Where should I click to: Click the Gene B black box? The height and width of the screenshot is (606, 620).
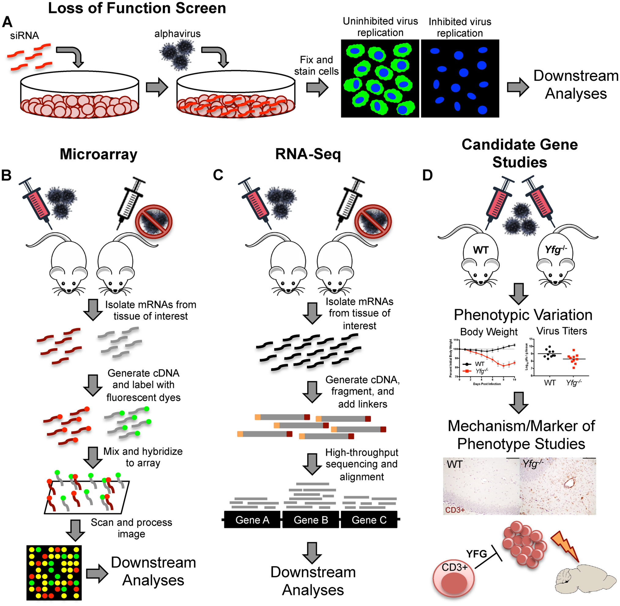coord(310,520)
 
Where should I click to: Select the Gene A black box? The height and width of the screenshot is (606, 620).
coord(252,520)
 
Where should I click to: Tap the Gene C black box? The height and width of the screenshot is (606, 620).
coord(369,520)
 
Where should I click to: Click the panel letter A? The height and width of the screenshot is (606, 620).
coord(7,22)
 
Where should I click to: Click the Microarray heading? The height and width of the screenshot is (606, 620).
coord(98,154)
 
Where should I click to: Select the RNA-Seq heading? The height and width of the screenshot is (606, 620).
coord(308,154)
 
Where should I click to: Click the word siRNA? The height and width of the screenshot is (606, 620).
coord(24,36)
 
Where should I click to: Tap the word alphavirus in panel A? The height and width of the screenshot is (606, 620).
coord(177,34)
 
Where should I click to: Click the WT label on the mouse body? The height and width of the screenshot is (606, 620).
coord(480,250)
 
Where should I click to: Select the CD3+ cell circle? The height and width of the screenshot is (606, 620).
coord(454,576)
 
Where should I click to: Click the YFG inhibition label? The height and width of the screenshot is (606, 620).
coord(476,554)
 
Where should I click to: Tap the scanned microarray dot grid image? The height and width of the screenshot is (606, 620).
coord(54,572)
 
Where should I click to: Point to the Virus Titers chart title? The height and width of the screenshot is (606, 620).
coord(562,331)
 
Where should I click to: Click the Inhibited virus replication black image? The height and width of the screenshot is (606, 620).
coord(460,79)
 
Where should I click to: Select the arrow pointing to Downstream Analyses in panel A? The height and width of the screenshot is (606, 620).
coord(517,87)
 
